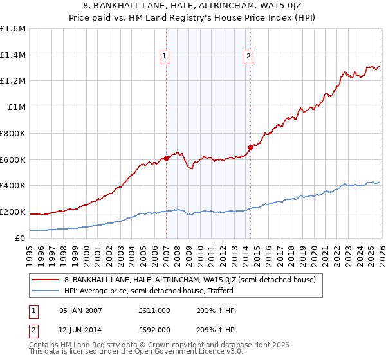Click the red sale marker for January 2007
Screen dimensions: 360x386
click(x=166, y=157)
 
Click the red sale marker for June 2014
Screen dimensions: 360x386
click(x=250, y=147)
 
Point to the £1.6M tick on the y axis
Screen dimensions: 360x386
click(x=13, y=29)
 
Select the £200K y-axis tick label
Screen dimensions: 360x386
click(x=13, y=212)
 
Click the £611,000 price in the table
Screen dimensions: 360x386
click(x=154, y=310)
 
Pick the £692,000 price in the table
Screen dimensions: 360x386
click(x=154, y=329)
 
